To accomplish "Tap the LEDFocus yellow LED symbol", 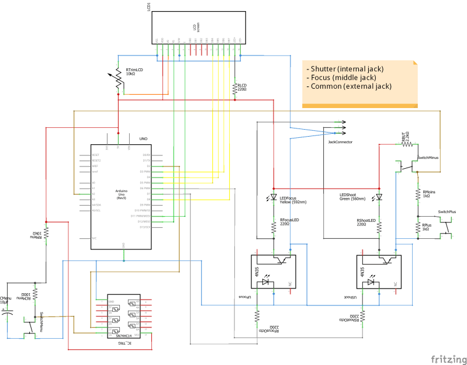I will click(x=274, y=197).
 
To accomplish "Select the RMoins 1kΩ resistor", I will click(x=417, y=194).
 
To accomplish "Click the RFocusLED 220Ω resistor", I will click(x=274, y=226).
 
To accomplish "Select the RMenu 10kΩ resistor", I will click(x=47, y=233).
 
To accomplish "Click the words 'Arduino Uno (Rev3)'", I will click(x=121, y=194).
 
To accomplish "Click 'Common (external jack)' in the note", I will click(x=350, y=86).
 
